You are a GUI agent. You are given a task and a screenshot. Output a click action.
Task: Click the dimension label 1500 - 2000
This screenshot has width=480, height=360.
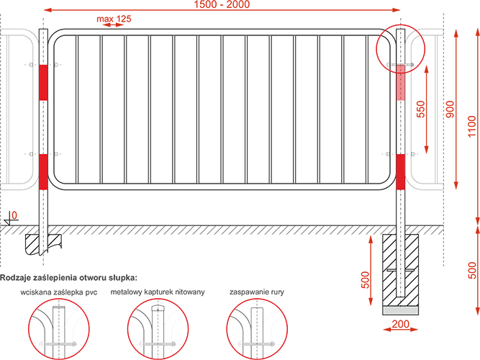pyautogui.click(x=222, y=4)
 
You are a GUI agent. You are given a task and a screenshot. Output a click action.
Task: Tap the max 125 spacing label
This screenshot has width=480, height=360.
pyautogui.click(x=114, y=19)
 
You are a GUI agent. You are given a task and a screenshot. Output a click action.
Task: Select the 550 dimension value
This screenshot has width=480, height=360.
pyautogui.click(x=421, y=109)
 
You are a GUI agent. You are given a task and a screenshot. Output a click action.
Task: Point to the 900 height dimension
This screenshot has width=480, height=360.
pyautogui.click(x=450, y=109)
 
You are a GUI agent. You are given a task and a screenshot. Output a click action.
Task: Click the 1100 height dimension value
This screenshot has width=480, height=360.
pyautogui.click(x=472, y=127)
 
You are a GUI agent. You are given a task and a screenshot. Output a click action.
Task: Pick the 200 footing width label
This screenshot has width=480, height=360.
pyautogui.click(x=400, y=324)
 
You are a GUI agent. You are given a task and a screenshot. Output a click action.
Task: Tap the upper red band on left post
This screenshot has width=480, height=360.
pyautogui.click(x=43, y=82)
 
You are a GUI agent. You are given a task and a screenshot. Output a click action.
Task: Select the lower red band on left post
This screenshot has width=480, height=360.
pyautogui.click(x=43, y=171)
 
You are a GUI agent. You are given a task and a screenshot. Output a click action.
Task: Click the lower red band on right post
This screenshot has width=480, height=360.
pyautogui.click(x=400, y=171)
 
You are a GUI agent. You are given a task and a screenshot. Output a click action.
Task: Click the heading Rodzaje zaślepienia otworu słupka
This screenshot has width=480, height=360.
pyautogui.click(x=68, y=278)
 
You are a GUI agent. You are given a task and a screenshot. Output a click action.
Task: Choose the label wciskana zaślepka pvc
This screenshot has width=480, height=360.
pyautogui.click(x=59, y=292)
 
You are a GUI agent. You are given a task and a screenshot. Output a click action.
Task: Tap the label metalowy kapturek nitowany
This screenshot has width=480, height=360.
pyautogui.click(x=158, y=292)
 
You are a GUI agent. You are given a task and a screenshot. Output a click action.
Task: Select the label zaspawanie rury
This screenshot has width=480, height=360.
pyautogui.click(x=256, y=292)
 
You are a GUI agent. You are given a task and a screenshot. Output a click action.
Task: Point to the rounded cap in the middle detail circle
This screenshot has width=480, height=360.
pyautogui.click(x=158, y=307)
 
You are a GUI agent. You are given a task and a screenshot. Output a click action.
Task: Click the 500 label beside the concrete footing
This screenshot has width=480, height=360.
pyautogui.click(x=366, y=280)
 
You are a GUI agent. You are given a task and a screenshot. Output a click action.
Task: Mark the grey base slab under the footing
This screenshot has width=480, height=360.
pyautogui.click(x=400, y=311)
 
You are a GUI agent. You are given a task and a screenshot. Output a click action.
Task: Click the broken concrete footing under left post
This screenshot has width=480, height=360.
pyautogui.click(x=43, y=244)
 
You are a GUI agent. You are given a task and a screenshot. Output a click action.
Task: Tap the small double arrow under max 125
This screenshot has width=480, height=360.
pyautogui.click(x=113, y=25)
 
